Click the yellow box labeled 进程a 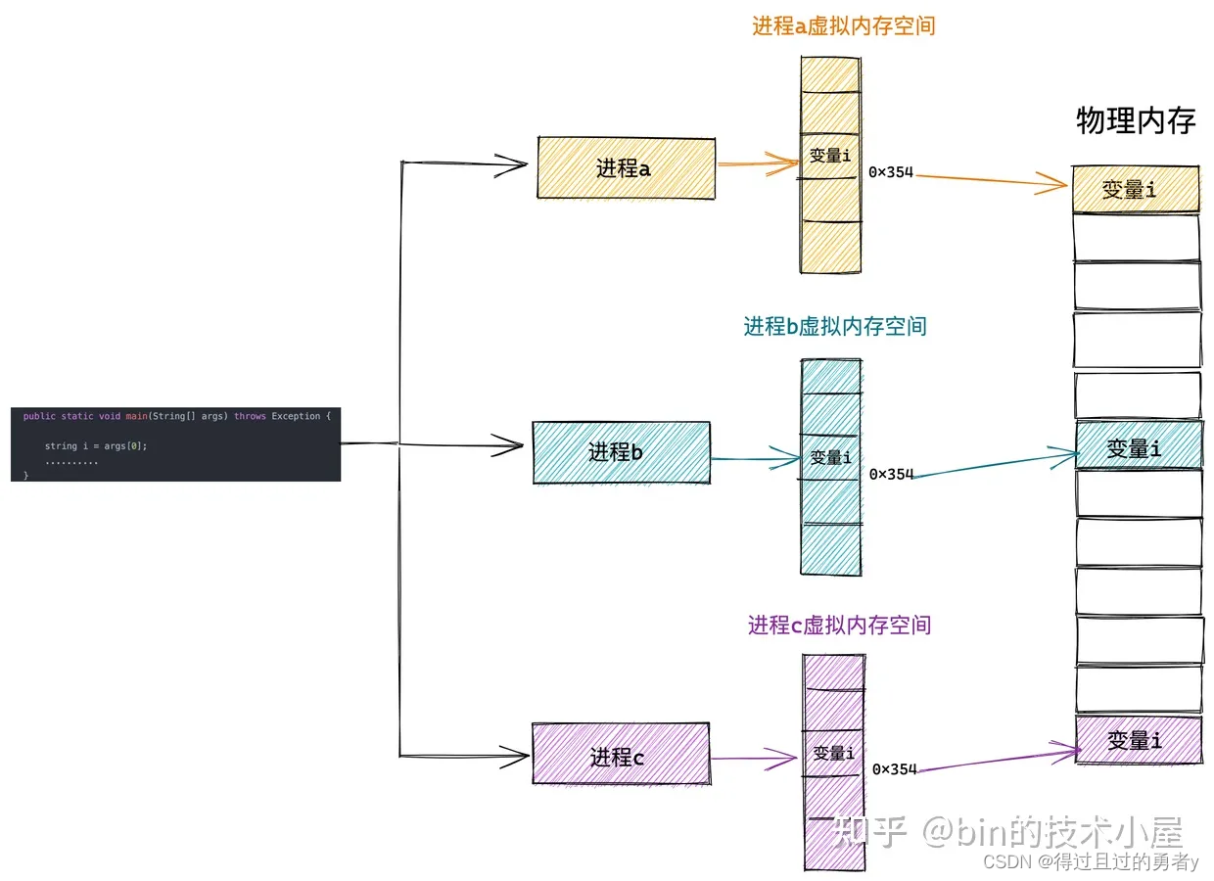626,167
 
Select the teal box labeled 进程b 621,452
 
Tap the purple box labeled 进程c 621,755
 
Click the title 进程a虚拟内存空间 843,26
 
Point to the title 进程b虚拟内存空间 834,326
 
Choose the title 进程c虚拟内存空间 839,625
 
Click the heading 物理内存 1136,120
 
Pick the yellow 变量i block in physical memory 1136,189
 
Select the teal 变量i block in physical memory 1138,446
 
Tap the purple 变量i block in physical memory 1138,740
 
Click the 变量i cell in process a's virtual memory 830,156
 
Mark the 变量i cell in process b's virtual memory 831,457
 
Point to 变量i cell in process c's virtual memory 833,753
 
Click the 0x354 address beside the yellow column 891,172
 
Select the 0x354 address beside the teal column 891,474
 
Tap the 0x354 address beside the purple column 894,769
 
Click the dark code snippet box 176,444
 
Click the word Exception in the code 297,416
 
